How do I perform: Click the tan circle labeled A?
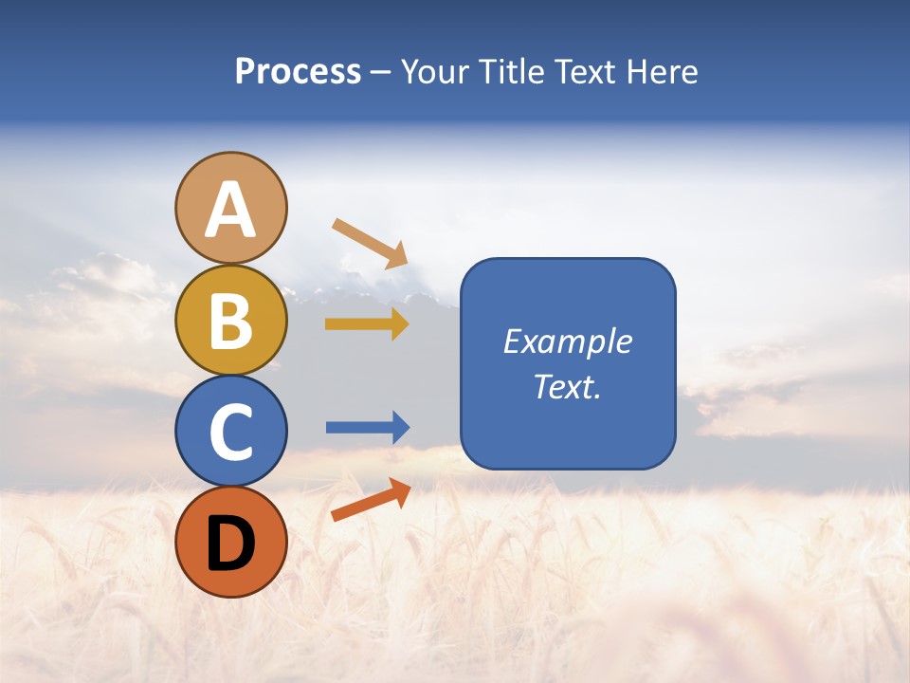point(230,208)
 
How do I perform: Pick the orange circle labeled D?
point(230,542)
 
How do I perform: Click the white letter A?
point(230,210)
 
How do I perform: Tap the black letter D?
point(230,544)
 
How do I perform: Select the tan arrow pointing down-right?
point(370,243)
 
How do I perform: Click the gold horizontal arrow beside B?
point(366,324)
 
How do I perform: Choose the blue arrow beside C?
point(367,428)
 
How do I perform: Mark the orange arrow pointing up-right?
point(371,500)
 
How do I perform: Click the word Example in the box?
point(568,341)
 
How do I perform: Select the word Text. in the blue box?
point(568,387)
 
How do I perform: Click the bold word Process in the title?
point(298,71)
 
